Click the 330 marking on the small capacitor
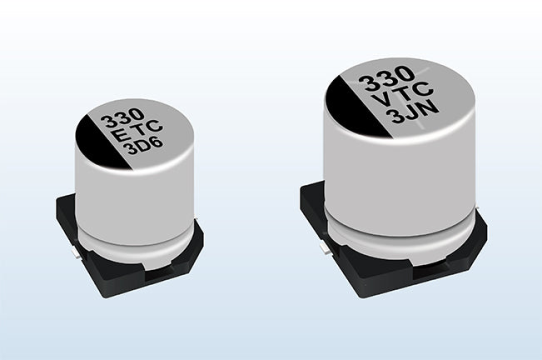tap(122, 117)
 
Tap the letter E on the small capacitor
tap(122, 137)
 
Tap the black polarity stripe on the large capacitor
tap(359, 107)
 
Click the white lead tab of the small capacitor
tap(76, 256)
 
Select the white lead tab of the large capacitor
tap(324, 248)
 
